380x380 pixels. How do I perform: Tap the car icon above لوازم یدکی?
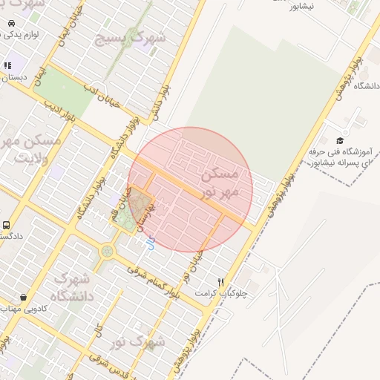tap(11, 23)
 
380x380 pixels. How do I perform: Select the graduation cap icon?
tap(340, 140)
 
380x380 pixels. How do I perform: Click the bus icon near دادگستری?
tap(7, 225)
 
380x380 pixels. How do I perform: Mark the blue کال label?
tap(151, 242)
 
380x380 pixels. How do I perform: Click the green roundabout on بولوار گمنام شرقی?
tap(108, 251)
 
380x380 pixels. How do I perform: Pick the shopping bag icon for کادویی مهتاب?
tap(24, 297)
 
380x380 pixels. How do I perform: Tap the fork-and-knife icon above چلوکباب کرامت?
tap(220, 281)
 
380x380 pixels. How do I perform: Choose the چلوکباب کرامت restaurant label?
tap(220, 293)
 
